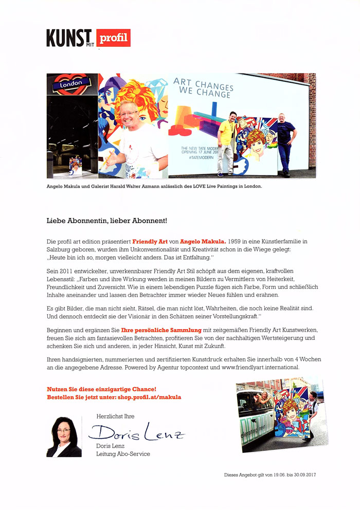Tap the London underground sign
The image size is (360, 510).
[x=72, y=83]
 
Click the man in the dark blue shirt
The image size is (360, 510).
[x=286, y=141]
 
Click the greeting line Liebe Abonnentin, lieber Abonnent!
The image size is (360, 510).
[x=107, y=221]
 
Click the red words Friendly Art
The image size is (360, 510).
[x=149, y=241]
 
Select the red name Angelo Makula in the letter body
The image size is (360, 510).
[x=203, y=241]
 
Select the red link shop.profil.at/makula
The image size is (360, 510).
[x=153, y=397]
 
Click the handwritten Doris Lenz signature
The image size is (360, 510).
[x=137, y=433]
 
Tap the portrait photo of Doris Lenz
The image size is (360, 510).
[x=64, y=437]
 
